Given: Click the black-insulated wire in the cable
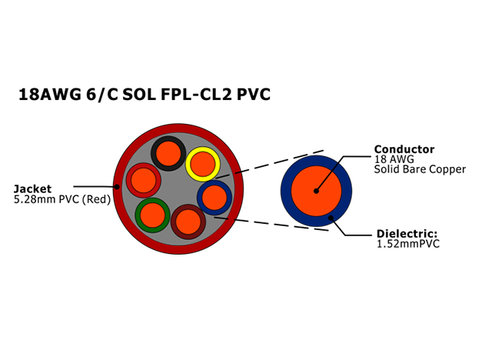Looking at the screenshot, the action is tap(168, 153).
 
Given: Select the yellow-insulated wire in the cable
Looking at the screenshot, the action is tap(203, 164).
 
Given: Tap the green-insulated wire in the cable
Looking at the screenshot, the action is tap(152, 215).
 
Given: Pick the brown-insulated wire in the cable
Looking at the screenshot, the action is tap(188, 222).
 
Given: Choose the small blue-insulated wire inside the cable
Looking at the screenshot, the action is tap(214, 198).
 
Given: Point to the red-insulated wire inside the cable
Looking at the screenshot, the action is tap(144, 180).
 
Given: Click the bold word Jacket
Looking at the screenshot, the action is tap(32, 189).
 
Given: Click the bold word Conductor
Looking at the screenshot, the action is tap(404, 149).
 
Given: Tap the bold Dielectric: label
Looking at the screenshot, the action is tap(407, 234).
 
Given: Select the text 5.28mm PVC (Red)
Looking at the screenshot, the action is tap(62, 199).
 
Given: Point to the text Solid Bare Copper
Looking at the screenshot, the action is tap(420, 169).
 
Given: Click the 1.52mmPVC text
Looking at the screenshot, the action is tap(408, 244).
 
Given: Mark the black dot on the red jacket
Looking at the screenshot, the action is tap(117, 186).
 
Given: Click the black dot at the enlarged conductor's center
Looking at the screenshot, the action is tap(316, 191).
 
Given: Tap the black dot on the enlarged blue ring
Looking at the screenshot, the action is tap(331, 218).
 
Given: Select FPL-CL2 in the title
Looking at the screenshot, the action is tap(196, 94).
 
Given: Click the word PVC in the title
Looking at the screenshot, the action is tap(253, 94).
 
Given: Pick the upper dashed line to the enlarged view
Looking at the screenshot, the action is tap(270, 165).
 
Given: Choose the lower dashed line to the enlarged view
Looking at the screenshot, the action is tap(271, 224).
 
